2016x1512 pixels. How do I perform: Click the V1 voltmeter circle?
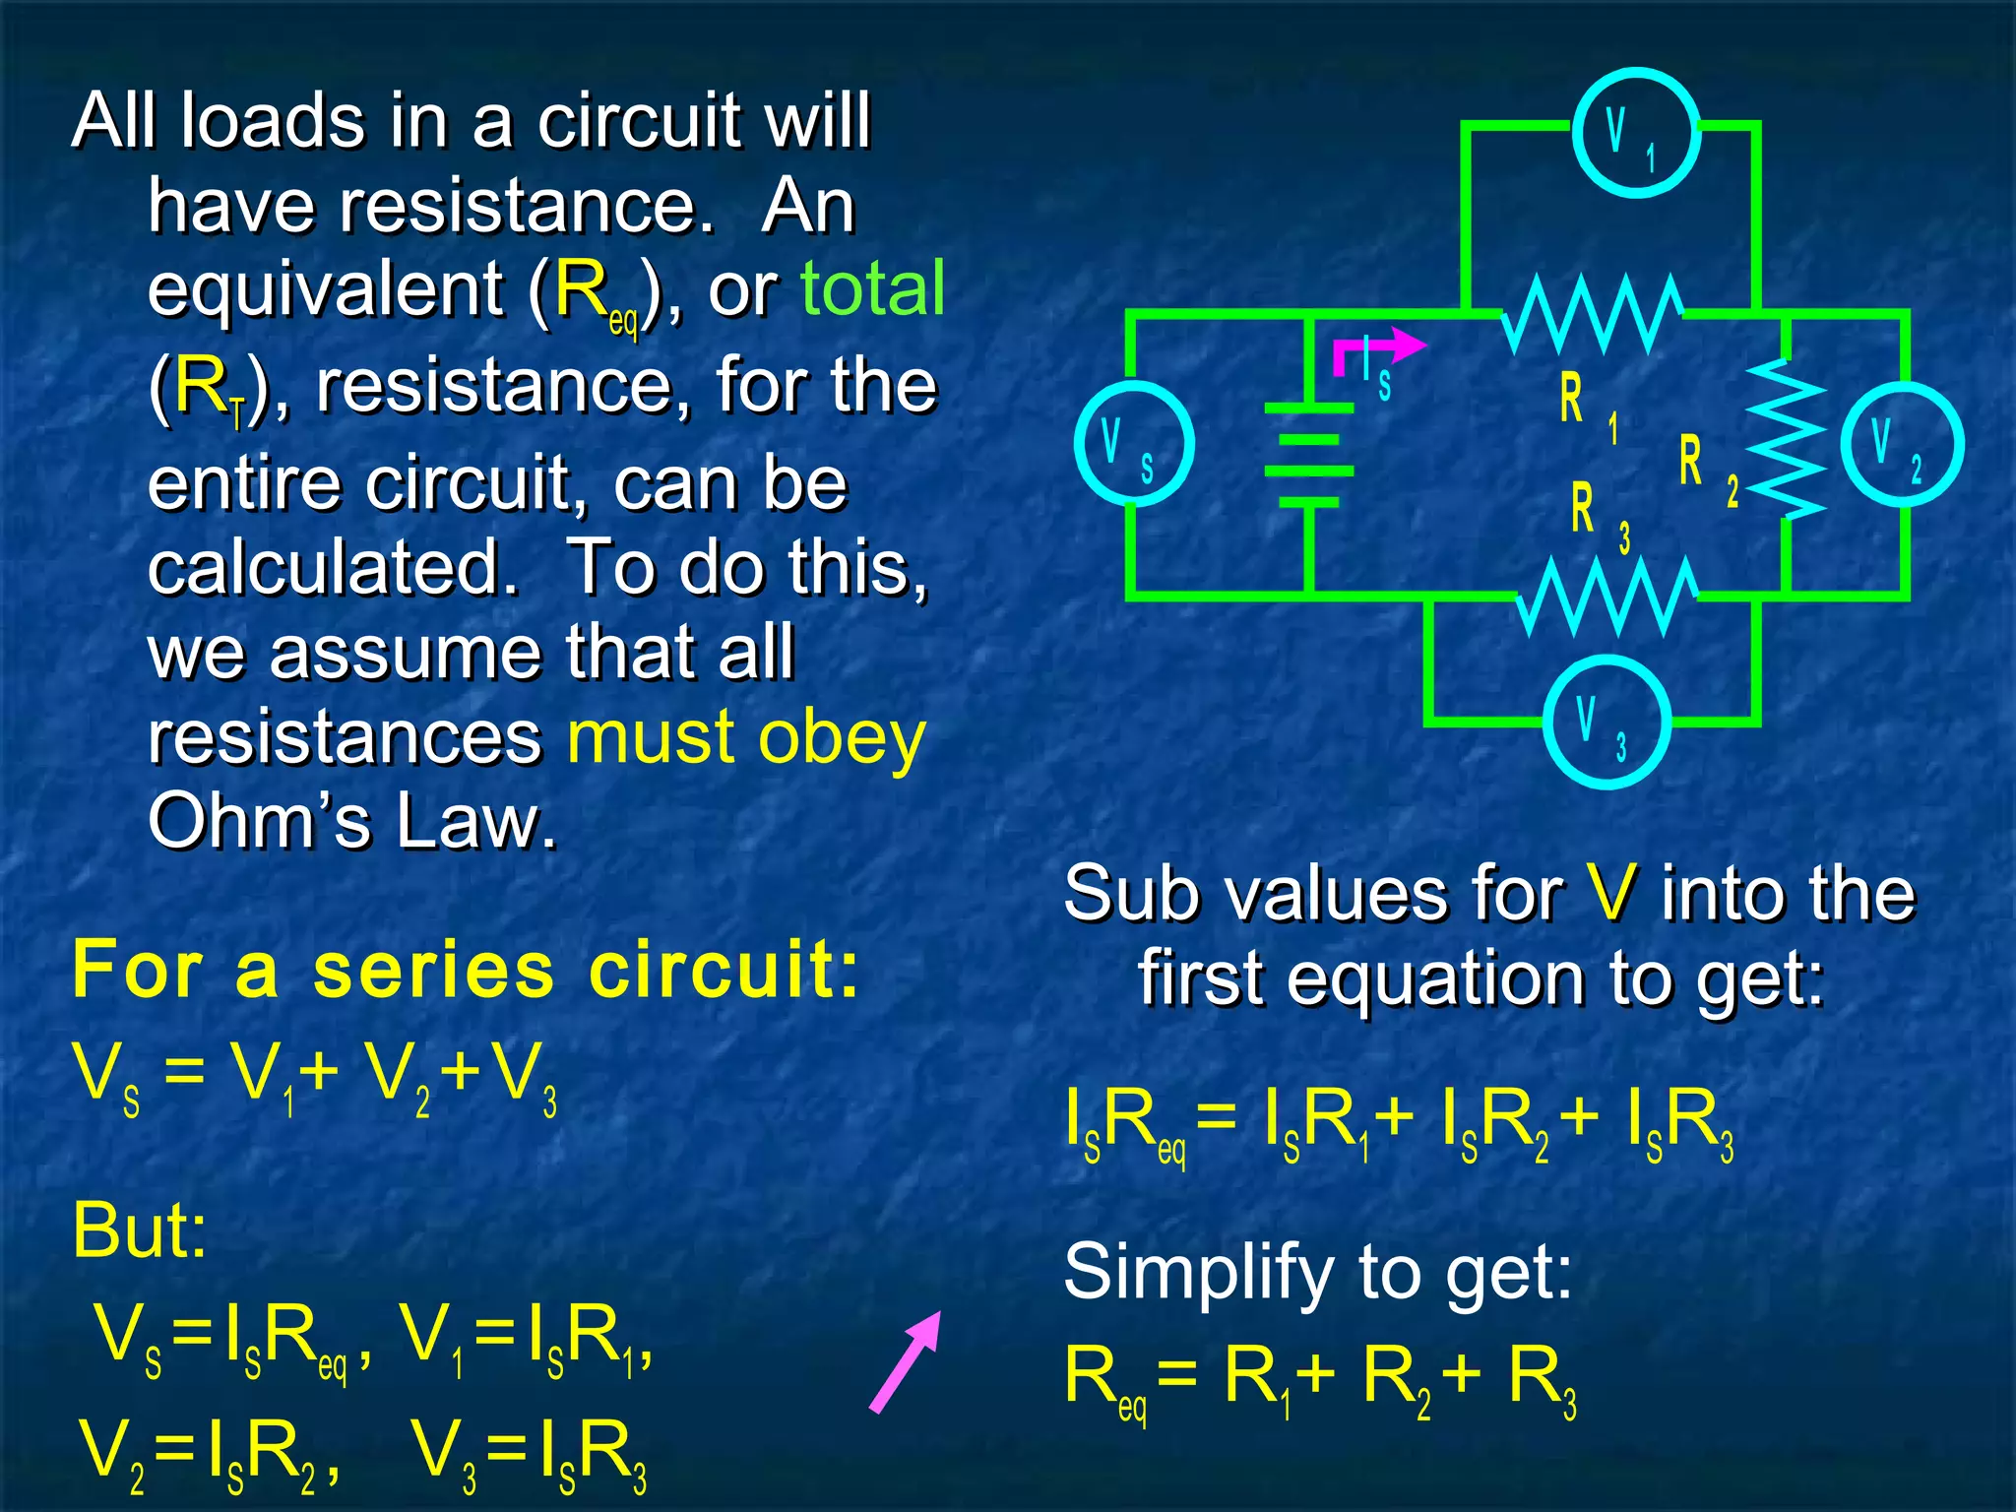[1635, 133]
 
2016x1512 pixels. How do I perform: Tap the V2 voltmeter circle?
[1902, 445]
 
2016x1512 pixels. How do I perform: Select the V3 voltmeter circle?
[1606, 722]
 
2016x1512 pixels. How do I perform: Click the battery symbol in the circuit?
[1308, 455]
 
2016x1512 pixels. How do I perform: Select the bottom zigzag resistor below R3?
[1607, 596]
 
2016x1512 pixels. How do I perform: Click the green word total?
[872, 288]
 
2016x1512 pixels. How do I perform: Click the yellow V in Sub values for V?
[1611, 894]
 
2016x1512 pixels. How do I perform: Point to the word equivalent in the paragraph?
[326, 288]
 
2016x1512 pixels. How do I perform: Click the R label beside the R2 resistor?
[1690, 461]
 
